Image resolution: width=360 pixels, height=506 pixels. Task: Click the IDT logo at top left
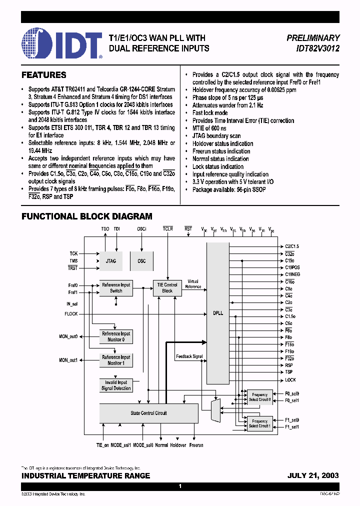62,43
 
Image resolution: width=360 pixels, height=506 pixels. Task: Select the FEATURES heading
44,75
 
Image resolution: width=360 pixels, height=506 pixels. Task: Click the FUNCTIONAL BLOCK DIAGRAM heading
87,216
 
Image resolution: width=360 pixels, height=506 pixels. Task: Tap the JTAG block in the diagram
111,261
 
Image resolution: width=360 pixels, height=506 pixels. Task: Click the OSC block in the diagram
141,261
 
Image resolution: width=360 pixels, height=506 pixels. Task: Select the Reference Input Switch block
116,287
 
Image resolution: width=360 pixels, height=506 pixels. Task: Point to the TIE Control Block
167,287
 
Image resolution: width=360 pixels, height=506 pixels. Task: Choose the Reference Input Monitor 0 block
116,336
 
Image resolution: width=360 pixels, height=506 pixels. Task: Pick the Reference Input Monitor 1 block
116,360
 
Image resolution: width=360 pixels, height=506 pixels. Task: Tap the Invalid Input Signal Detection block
116,385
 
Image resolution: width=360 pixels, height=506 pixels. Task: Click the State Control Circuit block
149,413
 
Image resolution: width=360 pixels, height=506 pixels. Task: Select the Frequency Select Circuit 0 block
259,397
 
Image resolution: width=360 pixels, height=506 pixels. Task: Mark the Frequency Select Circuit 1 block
259,423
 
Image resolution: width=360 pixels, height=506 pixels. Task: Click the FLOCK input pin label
71,314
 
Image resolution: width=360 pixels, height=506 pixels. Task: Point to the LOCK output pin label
290,380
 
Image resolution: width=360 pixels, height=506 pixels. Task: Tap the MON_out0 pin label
68,336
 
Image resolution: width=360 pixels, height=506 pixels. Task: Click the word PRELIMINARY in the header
313,38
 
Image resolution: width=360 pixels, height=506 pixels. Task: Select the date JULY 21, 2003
313,475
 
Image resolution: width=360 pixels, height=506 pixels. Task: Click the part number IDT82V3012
313,48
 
